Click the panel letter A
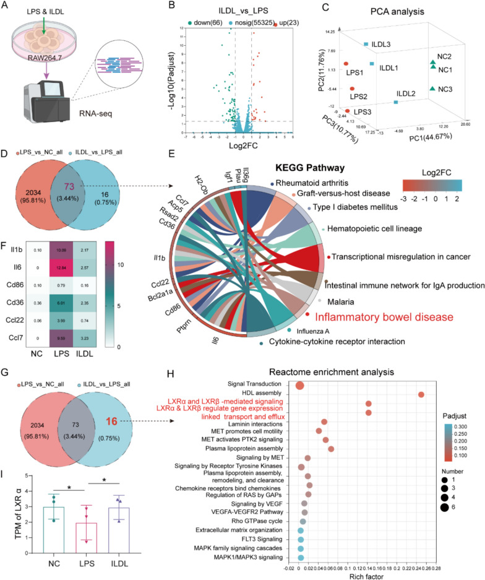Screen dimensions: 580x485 click(x=7, y=7)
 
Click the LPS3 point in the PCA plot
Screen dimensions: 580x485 click(x=348, y=111)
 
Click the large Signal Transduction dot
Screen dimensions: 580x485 click(x=299, y=386)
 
